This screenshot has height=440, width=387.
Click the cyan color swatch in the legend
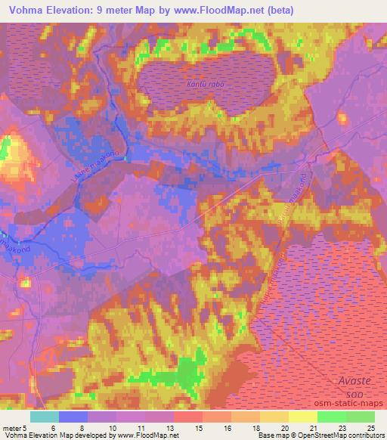pyautogui.click(x=44, y=417)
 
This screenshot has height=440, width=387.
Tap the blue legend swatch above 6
pyautogui.click(x=73, y=417)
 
